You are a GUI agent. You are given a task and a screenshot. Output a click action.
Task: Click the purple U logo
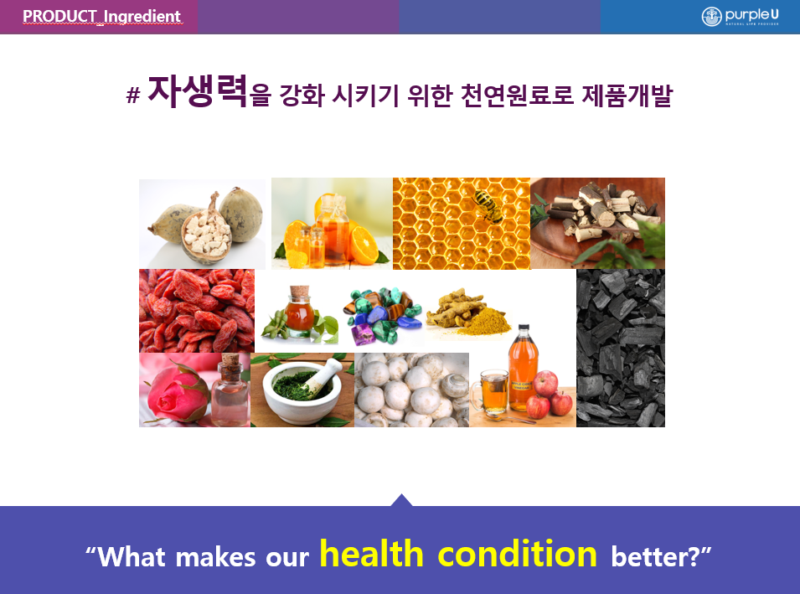[740, 16]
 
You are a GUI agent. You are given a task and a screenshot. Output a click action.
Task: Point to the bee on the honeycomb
[488, 205]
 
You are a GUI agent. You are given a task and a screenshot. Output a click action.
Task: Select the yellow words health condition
[458, 554]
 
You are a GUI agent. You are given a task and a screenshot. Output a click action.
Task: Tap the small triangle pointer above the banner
[401, 500]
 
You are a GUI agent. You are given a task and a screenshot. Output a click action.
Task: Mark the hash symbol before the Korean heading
[133, 95]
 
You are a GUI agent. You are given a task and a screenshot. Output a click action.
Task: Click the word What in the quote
[132, 557]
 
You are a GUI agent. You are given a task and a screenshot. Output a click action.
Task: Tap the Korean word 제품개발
[627, 96]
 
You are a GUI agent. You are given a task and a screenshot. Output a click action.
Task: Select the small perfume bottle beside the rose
[230, 390]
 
